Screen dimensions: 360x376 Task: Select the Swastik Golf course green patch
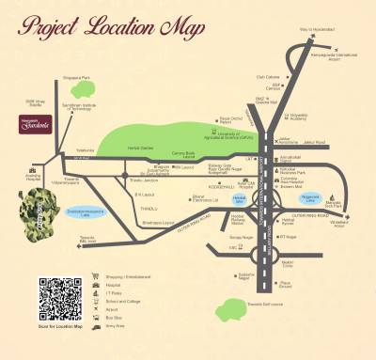[x=229, y=308]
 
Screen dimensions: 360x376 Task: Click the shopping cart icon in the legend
[x=96, y=277]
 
